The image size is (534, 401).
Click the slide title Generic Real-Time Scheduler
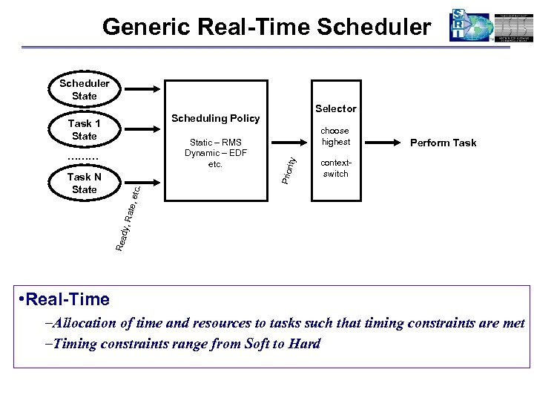point(266,27)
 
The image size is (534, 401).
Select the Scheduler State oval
point(85,90)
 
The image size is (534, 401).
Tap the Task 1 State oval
point(85,130)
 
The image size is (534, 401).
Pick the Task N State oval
point(85,183)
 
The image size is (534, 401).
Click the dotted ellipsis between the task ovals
point(83,157)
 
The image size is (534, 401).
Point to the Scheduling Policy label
point(215,118)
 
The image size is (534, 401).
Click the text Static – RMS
point(216,143)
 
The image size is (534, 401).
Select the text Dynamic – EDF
point(216,153)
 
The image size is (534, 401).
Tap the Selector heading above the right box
point(335,108)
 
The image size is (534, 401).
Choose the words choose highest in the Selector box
point(335,136)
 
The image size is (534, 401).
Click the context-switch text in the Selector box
point(335,168)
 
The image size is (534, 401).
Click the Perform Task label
point(444,143)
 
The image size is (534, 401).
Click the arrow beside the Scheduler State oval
point(138,90)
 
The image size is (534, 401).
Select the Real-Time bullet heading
point(66,299)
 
